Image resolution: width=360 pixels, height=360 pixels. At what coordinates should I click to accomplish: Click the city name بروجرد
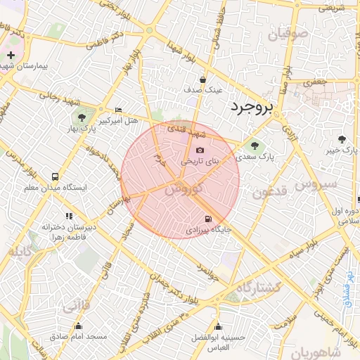click(250, 107)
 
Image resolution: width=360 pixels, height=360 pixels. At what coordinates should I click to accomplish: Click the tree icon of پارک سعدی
click(254, 146)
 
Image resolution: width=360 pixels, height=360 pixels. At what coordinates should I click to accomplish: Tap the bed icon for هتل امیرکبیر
click(117, 110)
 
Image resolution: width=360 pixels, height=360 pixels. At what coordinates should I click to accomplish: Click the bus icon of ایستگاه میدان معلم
click(56, 176)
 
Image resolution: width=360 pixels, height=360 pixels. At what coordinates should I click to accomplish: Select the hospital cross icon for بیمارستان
click(11, 54)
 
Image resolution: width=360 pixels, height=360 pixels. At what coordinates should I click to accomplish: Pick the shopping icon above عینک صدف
click(202, 79)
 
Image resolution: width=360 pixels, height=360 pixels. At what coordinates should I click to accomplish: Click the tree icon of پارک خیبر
click(342, 139)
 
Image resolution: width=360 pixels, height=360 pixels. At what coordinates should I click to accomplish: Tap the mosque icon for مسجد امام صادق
click(77, 326)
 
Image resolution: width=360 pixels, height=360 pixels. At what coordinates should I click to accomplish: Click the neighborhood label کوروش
click(187, 188)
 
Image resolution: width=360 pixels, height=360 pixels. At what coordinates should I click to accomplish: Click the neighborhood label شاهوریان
click(316, 351)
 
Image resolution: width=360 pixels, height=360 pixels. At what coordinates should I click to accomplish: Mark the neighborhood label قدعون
click(269, 191)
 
